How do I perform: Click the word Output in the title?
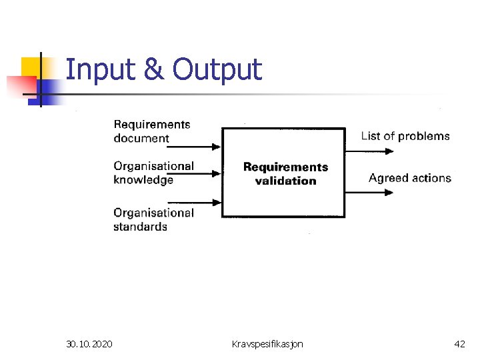217,69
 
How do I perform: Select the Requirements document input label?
151,131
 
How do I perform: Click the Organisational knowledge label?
153,173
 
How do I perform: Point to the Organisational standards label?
153,220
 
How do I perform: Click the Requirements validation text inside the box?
285,173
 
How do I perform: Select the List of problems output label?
405,136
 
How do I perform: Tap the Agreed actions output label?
409,178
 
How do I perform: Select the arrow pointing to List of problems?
370,151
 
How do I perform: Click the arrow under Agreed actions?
370,193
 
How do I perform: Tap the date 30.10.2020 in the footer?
89,344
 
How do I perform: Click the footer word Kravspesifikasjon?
267,344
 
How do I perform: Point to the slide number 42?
459,344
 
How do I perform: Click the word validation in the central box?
285,181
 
